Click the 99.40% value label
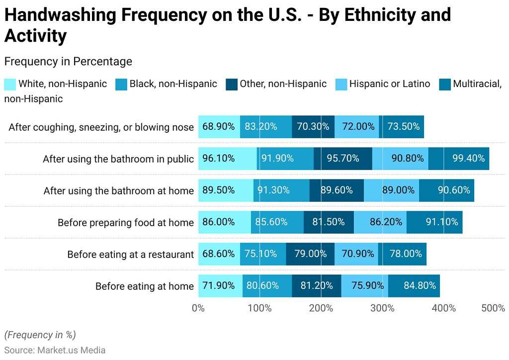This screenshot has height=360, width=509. pyautogui.click(x=468, y=159)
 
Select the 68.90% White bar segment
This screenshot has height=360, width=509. pyautogui.click(x=219, y=127)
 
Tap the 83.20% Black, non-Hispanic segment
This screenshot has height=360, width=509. pyautogui.click(x=265, y=127)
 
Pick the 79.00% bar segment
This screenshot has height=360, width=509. pyautogui.click(x=310, y=254)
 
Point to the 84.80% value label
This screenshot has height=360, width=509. pyautogui.click(x=420, y=286)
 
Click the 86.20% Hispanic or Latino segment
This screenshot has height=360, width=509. pyautogui.click(x=380, y=222)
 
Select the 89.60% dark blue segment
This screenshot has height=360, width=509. pyautogui.click(x=337, y=190)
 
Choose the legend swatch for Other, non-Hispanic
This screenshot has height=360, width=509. pyautogui.click(x=231, y=84)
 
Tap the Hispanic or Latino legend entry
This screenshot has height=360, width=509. pyautogui.click(x=389, y=84)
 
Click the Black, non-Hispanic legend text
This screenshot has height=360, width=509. pyautogui.click(x=173, y=84)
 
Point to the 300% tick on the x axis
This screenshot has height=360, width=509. pyautogui.click(x=382, y=308)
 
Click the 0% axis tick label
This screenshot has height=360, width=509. pyautogui.click(x=198, y=308)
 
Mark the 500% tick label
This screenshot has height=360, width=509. pyautogui.click(x=493, y=308)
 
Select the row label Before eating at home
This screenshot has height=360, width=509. pyautogui.click(x=144, y=286)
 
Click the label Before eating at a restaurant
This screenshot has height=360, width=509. pyautogui.click(x=130, y=255)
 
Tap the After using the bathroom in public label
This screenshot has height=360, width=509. pyautogui.click(x=118, y=159)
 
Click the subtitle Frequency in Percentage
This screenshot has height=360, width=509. pyautogui.click(x=68, y=62)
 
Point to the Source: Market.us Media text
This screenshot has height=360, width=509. pyautogui.click(x=55, y=350)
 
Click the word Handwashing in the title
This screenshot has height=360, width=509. pyautogui.click(x=61, y=15)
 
